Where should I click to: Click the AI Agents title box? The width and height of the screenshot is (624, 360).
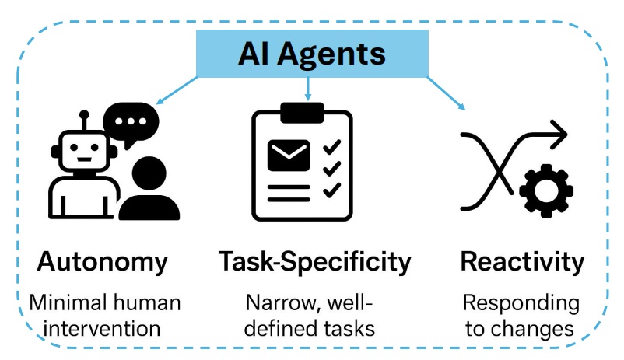pos(312,54)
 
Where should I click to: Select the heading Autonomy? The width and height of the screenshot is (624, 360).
pos(102,263)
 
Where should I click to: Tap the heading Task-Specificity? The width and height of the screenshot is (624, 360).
pos(314,263)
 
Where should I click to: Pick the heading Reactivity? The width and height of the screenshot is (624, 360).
pos(522,263)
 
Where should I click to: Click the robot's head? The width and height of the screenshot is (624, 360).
pos(84,151)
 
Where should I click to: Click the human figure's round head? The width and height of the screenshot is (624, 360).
pos(149,173)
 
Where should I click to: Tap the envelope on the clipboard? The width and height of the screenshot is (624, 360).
pos(289,156)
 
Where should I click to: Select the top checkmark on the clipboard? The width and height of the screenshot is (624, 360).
pos(332,147)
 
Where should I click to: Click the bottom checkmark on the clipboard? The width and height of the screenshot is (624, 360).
pos(332,190)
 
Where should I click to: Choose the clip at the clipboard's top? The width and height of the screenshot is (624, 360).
pos(302,113)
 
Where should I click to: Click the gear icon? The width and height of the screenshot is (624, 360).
pos(546,191)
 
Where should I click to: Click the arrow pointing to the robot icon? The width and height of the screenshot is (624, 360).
pos(177,90)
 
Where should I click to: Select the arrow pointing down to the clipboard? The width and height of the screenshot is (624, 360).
pos(307,89)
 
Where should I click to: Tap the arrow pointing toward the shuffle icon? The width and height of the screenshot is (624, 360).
pos(446,93)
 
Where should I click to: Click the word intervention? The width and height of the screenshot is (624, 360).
pos(102,329)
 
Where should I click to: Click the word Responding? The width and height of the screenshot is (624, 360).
pos(521,304)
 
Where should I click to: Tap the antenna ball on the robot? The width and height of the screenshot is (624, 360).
pos(84,115)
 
